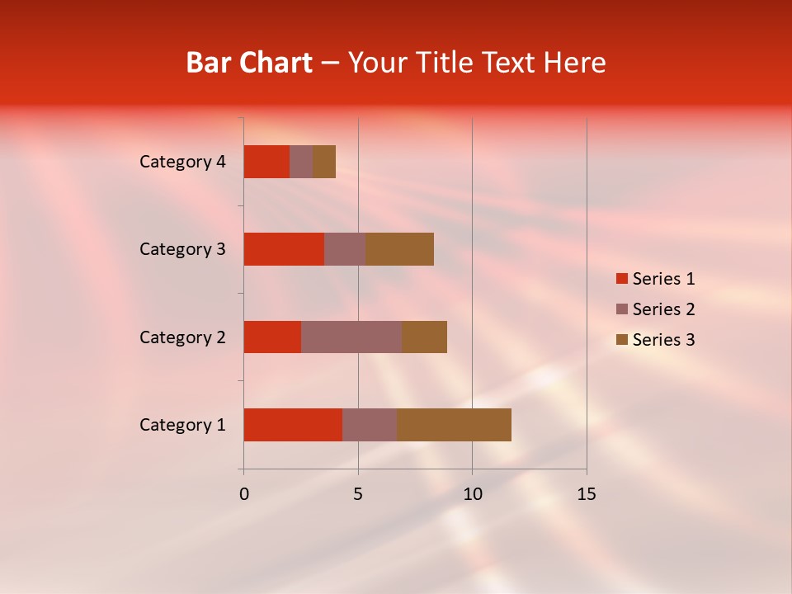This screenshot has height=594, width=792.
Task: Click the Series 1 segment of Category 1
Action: click(x=293, y=425)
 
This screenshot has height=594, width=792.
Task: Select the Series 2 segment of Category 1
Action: click(x=370, y=425)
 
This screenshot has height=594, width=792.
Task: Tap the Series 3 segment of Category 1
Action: click(x=454, y=425)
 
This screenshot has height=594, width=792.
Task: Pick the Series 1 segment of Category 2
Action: click(x=272, y=337)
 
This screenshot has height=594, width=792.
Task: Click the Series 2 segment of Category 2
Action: click(x=351, y=337)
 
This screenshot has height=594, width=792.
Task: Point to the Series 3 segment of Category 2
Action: click(x=424, y=337)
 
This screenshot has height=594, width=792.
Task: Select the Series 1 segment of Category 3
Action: click(x=284, y=249)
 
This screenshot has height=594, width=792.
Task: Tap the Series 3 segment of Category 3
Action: click(x=399, y=249)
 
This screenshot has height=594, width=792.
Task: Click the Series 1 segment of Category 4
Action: click(x=266, y=162)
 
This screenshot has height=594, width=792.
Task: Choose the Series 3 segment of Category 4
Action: click(x=324, y=162)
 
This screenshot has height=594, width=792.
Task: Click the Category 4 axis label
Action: click(x=182, y=162)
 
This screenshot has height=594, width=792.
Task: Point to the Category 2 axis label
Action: click(x=182, y=337)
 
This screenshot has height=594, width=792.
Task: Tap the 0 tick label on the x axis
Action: click(x=244, y=494)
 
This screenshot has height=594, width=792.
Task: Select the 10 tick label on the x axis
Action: click(x=472, y=494)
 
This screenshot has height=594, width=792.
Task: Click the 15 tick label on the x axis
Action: click(x=586, y=494)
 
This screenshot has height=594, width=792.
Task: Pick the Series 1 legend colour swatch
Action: click(x=621, y=279)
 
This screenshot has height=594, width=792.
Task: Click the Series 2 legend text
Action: click(x=663, y=309)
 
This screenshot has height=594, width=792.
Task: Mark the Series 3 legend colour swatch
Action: click(x=621, y=340)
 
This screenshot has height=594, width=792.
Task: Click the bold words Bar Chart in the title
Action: click(x=249, y=63)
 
